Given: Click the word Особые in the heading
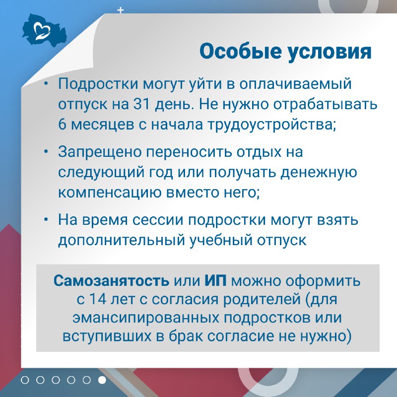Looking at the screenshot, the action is [x=240, y=52].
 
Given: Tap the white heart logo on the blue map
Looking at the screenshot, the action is [x=42, y=31].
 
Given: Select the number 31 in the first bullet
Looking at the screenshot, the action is [x=142, y=104].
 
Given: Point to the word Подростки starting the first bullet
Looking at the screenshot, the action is [x=98, y=83].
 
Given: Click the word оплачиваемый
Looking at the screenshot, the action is [x=295, y=84].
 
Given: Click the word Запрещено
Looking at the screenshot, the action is [x=100, y=152].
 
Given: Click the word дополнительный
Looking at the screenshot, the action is [x=122, y=240].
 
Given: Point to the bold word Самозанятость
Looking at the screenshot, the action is [x=111, y=280].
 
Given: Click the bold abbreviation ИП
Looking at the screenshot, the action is [x=215, y=280].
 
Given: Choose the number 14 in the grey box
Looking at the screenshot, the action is [x=98, y=299].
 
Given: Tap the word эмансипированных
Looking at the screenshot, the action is [x=145, y=318].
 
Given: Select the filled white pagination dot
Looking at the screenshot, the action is [x=102, y=380].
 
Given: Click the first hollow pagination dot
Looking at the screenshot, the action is [x=25, y=380].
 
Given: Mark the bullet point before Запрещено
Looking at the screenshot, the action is [x=46, y=151].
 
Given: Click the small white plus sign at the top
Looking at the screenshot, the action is [x=121, y=10].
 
